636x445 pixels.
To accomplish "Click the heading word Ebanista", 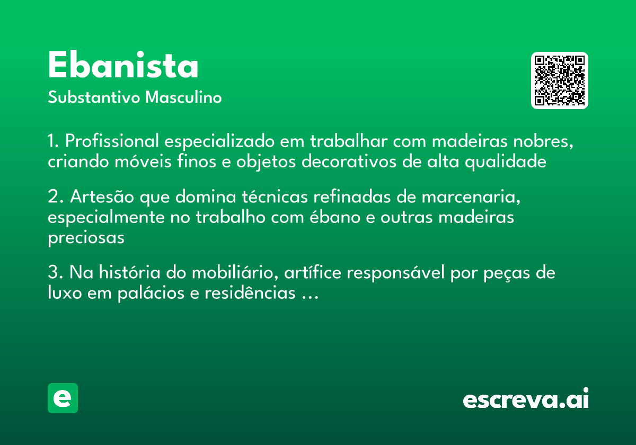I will coord(123,66).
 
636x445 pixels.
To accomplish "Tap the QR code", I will coord(560,81).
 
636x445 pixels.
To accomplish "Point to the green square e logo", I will coord(63,398).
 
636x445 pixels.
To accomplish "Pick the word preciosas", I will coord(86,238).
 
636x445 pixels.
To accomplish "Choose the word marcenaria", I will coord(469,197).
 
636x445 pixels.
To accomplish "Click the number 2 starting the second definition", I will coord(53,197).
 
